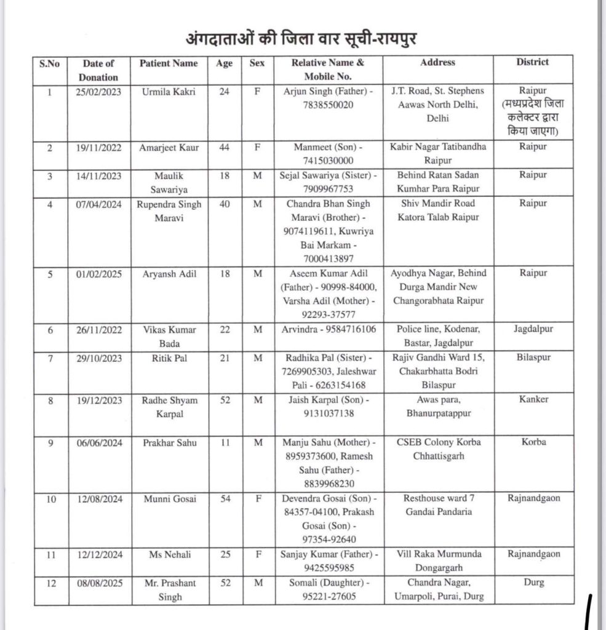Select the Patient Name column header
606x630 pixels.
169,63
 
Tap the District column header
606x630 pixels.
532,62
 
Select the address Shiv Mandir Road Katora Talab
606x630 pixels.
437,209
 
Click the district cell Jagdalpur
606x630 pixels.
532,329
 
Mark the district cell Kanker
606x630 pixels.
532,399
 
